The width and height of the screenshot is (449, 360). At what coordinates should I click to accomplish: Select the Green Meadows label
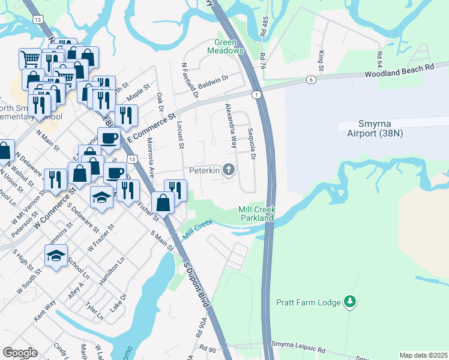coord(225,47)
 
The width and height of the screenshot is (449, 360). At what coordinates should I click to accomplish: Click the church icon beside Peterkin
coord(229,172)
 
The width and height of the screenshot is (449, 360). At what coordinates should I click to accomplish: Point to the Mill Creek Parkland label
coord(258,214)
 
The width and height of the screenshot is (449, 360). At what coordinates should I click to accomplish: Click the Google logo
coord(20,353)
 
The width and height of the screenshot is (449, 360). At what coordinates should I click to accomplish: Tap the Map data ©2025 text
coord(423,355)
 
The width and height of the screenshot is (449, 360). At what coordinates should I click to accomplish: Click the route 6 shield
coord(310,80)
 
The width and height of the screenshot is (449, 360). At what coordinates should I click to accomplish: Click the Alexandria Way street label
coord(230,121)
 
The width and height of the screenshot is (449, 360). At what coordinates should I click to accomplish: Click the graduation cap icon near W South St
coord(56,256)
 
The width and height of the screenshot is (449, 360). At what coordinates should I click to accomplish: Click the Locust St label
coord(179,136)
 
